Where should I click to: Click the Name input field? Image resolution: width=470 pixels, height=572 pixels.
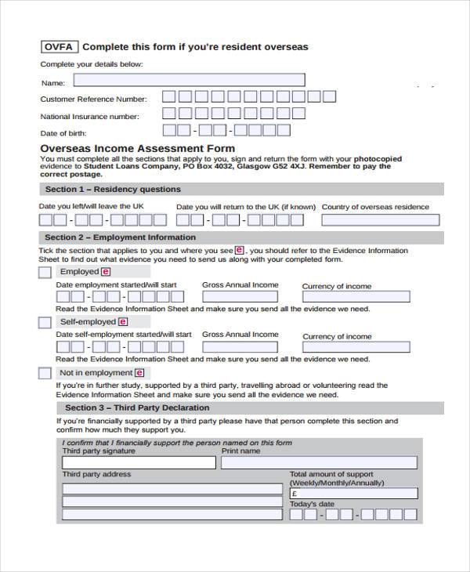(189, 80)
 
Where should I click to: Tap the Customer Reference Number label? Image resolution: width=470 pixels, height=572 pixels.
(93, 100)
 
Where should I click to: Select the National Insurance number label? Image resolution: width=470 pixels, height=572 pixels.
(89, 117)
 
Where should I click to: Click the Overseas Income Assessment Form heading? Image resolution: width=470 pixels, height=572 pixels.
(137, 148)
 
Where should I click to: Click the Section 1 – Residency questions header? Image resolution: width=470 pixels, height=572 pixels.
(113, 190)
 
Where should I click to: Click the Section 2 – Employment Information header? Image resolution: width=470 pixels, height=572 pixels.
(120, 237)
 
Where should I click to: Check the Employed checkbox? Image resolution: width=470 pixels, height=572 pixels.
(45, 272)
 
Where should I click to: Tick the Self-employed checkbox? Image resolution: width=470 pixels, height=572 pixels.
(45, 322)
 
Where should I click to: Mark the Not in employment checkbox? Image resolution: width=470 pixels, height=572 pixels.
(45, 373)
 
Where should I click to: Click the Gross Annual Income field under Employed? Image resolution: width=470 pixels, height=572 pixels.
(240, 298)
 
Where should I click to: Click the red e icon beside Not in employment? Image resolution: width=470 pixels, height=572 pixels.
(139, 373)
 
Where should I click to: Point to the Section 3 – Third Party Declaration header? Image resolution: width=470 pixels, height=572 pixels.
(137, 408)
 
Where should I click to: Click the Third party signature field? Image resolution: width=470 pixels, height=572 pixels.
(139, 462)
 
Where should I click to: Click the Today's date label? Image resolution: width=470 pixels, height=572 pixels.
(312, 505)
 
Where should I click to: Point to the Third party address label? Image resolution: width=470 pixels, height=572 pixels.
(96, 475)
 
